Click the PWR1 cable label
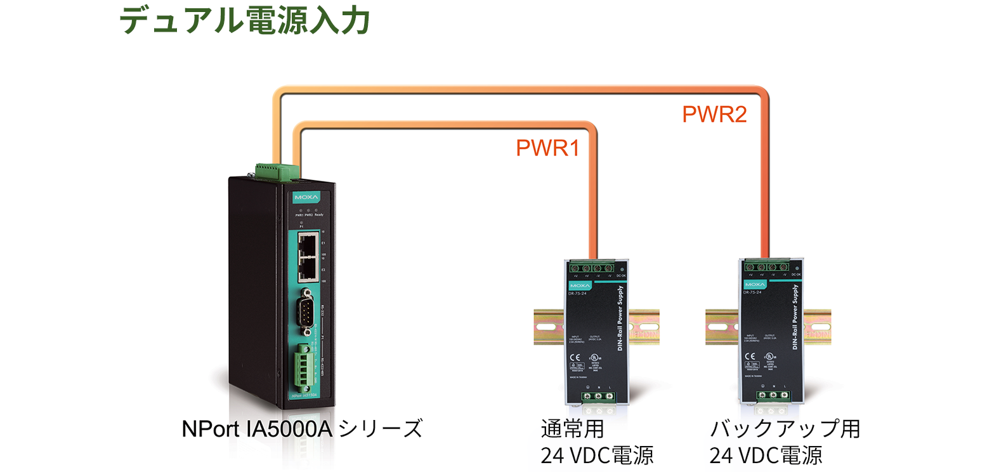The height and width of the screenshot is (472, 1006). coord(547,148)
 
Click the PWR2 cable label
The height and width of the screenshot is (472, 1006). coord(714,114)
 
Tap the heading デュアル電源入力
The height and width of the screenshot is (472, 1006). coord(245,20)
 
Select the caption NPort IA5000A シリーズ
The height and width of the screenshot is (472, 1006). coord(302,429)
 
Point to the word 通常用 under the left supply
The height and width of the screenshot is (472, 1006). coord(572,429)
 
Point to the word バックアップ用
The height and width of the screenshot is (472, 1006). coord(785,429)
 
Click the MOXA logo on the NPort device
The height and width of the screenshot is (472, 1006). coord(306,197)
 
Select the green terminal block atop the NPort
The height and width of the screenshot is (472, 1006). coord(277,171)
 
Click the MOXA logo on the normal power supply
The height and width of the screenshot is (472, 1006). coord(580,286)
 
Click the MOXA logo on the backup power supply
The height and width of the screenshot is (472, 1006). coord(755,285)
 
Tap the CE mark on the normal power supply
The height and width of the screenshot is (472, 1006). coord(575,357)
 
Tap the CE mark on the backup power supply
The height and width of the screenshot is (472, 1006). coord(750,357)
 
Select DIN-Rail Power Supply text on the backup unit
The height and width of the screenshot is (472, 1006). coord(795,317)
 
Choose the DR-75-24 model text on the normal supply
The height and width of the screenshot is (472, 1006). coord(577,293)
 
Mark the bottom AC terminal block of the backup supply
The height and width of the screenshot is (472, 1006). coord(773,395)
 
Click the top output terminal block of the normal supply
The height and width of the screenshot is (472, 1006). coord(592,268)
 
